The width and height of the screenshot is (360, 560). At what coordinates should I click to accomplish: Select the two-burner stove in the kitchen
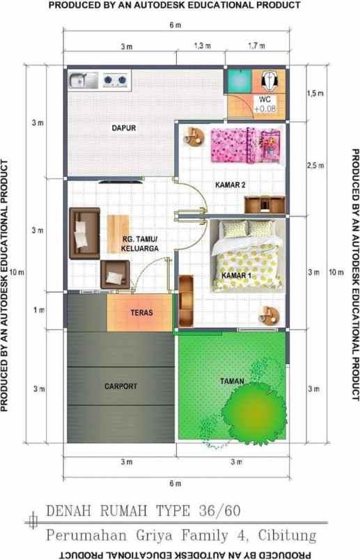coord(116,81)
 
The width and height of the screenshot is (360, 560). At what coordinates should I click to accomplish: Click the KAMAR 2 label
coord(230,185)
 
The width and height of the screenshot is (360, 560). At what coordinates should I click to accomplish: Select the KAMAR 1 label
coord(236,276)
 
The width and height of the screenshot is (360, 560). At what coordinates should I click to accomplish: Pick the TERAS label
coord(141,313)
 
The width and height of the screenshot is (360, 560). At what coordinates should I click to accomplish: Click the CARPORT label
coord(120,385)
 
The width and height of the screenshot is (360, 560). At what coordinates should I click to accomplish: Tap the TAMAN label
coord(231,381)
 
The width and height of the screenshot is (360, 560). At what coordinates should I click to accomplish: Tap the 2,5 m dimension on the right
coord(315,165)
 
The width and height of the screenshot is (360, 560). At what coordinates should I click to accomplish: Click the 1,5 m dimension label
coord(315,93)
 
